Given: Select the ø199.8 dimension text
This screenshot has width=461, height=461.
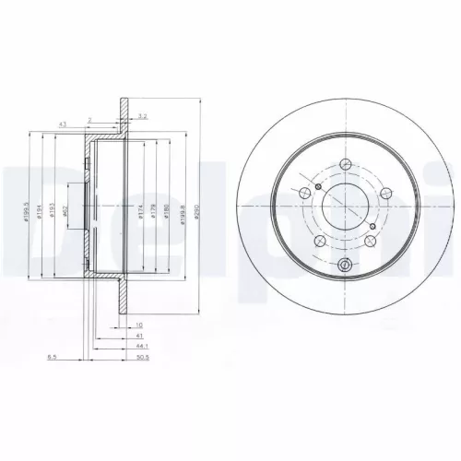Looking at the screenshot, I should pyautogui.click(x=184, y=215).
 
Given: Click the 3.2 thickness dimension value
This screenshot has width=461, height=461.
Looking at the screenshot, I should pyautogui.click(x=141, y=115).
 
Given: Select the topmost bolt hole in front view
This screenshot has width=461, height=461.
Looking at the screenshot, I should pyautogui.click(x=344, y=165).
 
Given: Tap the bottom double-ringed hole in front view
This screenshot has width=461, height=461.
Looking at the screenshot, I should pyautogui.click(x=344, y=266).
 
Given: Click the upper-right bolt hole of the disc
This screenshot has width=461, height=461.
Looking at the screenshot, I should pyautogui.click(x=383, y=189).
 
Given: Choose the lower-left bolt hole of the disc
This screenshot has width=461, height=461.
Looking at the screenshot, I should pyautogui.click(x=317, y=242).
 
